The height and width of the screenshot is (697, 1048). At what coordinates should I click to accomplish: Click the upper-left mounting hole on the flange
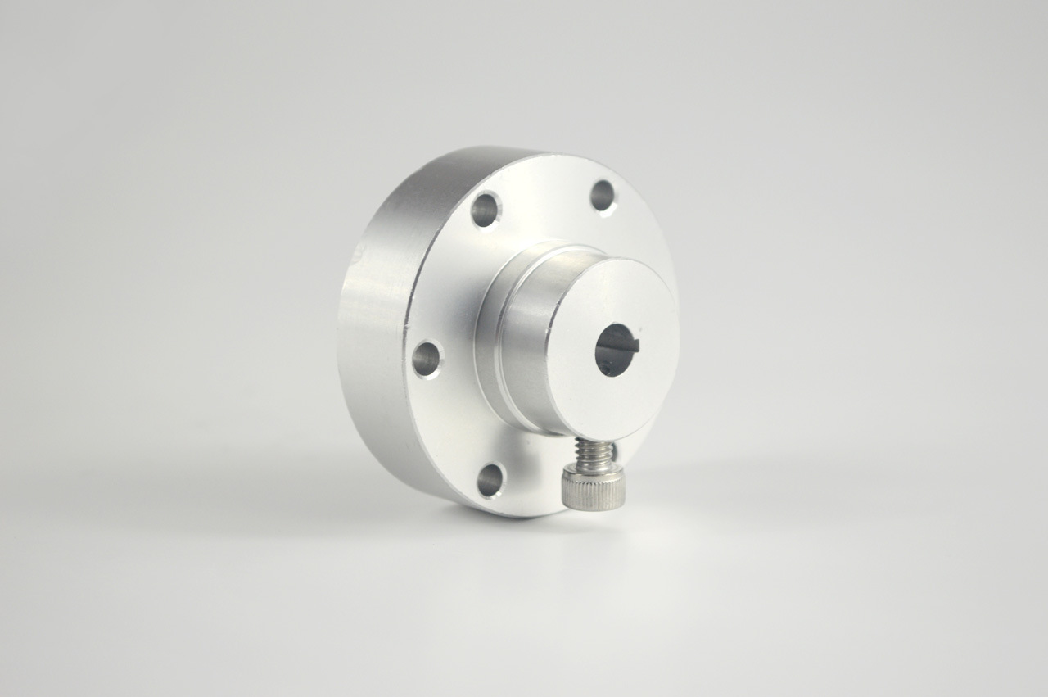point(485,210)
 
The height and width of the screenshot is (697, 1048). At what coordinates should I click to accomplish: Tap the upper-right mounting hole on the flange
point(603,196)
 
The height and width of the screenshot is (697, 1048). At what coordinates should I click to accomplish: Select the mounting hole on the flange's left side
point(426,359)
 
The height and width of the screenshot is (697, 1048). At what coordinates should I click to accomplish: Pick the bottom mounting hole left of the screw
point(490,480)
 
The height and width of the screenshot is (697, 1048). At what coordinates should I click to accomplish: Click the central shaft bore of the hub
point(615,350)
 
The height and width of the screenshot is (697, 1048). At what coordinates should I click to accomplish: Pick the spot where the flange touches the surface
point(516,514)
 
